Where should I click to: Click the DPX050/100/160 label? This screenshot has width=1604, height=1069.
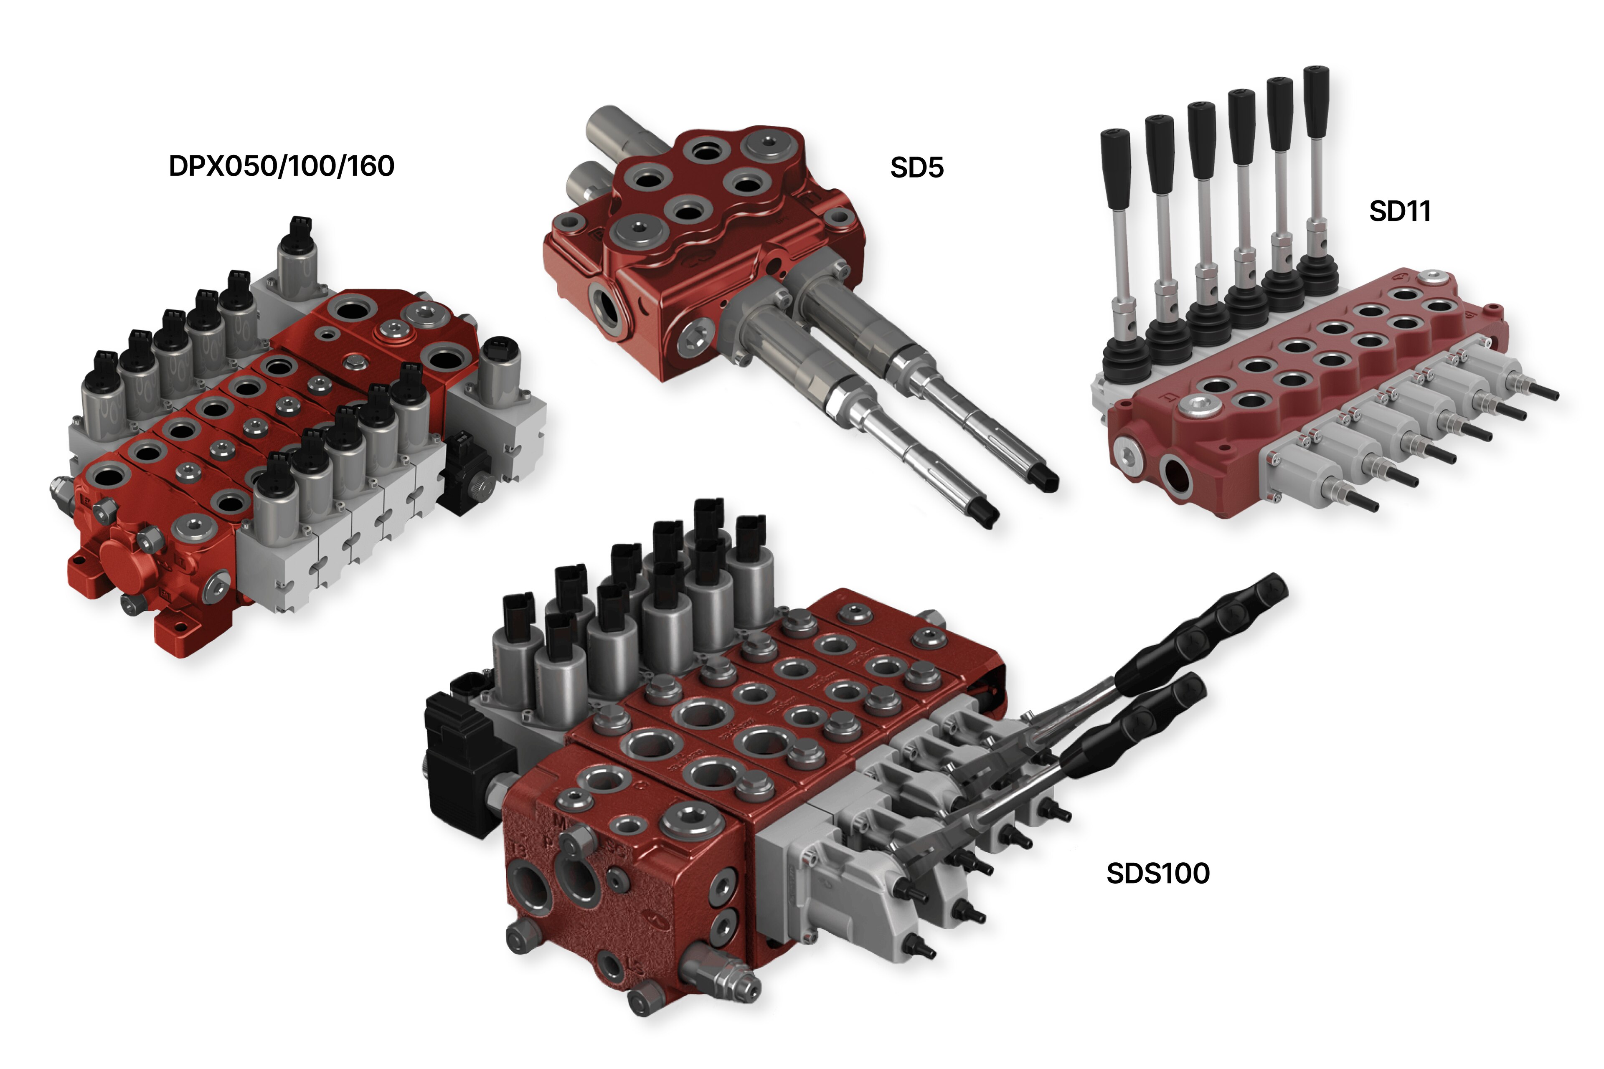coord(281,166)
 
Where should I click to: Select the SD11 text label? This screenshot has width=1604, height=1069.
coord(1399,211)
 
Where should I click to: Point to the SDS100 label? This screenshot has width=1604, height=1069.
coord(1157,873)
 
